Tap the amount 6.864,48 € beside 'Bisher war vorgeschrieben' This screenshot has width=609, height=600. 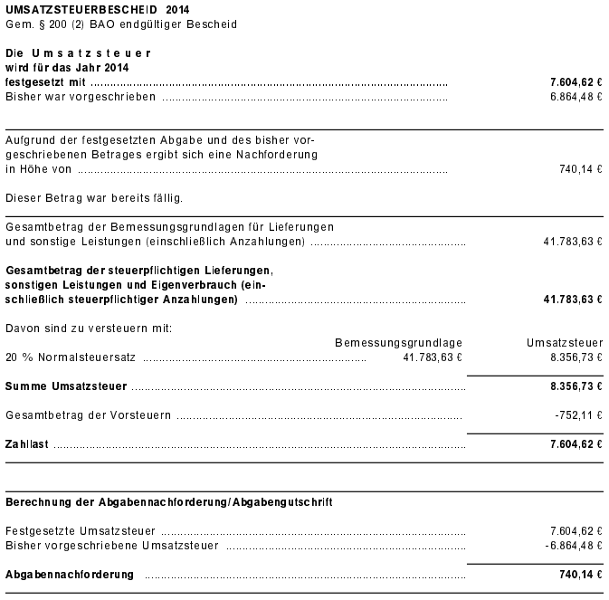576,97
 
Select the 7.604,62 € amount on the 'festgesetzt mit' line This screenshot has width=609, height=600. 576,81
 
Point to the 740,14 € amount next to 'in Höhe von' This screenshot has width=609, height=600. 581,169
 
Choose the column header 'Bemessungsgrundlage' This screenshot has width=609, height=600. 398,343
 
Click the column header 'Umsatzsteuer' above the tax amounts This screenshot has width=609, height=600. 565,343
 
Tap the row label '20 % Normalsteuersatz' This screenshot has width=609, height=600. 71,357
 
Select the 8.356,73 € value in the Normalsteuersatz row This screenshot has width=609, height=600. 576,357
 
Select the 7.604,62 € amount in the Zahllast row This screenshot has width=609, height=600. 576,445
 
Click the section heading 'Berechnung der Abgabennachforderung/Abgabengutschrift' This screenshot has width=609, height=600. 168,501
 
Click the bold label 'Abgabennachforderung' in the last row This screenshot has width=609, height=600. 70,575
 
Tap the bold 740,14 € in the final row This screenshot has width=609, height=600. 581,575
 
